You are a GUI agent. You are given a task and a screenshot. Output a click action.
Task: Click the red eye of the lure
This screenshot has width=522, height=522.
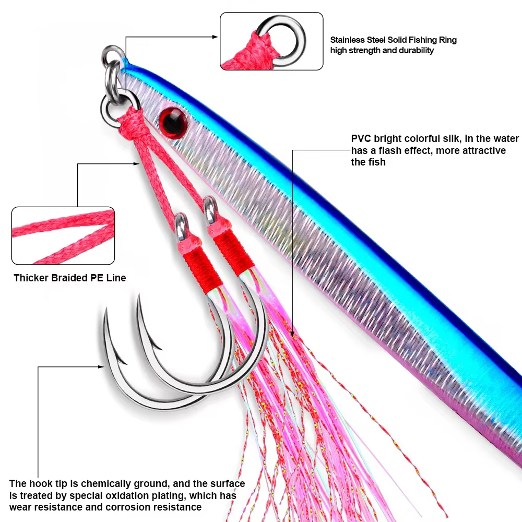pyautogui.click(x=171, y=120)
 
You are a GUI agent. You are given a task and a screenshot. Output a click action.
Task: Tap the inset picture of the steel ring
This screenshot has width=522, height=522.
pyautogui.click(x=271, y=41)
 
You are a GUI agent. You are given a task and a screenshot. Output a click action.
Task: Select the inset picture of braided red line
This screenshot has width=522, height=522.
pyautogui.click(x=63, y=235)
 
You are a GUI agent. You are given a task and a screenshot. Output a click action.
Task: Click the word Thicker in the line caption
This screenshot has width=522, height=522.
pyautogui.click(x=30, y=278)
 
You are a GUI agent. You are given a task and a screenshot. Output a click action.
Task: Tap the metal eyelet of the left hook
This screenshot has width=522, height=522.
pyautogui.click(x=182, y=222)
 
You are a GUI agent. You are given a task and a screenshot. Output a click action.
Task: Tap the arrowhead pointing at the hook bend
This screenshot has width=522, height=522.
pyautogui.click(x=102, y=366)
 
